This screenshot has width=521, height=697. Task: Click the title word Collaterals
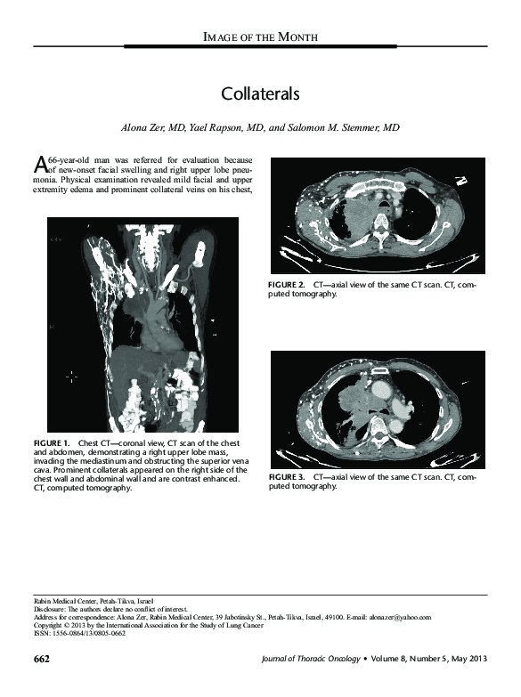pos(260,93)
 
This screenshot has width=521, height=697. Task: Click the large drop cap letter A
pos(39,164)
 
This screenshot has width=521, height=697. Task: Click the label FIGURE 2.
pos(287,284)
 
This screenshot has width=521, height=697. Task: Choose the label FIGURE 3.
pos(287,478)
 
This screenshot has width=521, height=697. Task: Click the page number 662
pos(41,660)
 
